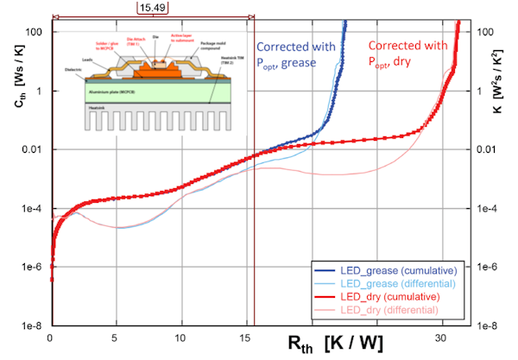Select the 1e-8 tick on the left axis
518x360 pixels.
pyautogui.click(x=35, y=325)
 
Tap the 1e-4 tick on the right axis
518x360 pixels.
pyautogui.click(x=485, y=209)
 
